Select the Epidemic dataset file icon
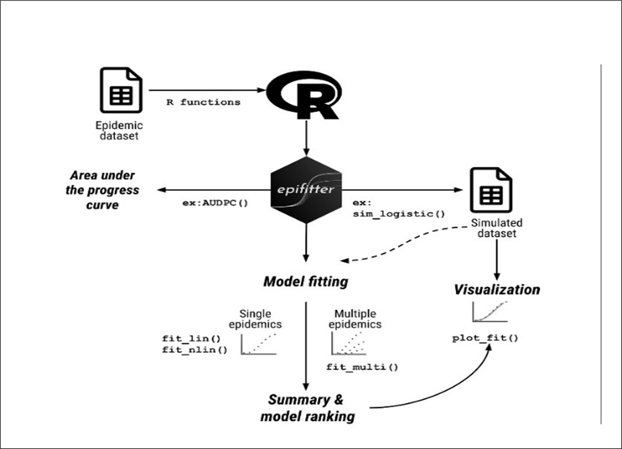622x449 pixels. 120,90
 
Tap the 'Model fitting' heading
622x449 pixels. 305,281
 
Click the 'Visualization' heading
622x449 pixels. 497,290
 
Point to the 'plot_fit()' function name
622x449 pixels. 485,338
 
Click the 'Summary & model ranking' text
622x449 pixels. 307,408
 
